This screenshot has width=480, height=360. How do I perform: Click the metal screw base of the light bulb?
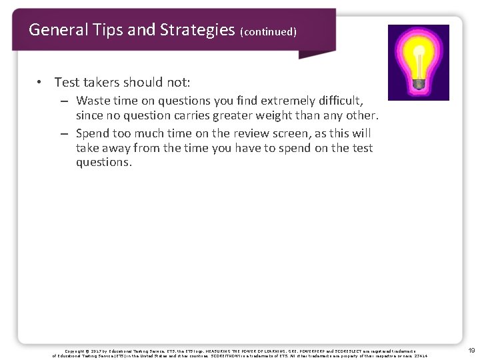(x=419, y=83)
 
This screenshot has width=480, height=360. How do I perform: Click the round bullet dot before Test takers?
(x=41, y=83)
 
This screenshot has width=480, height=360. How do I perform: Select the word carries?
(x=200, y=115)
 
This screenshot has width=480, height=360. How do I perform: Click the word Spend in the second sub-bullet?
(x=94, y=133)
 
